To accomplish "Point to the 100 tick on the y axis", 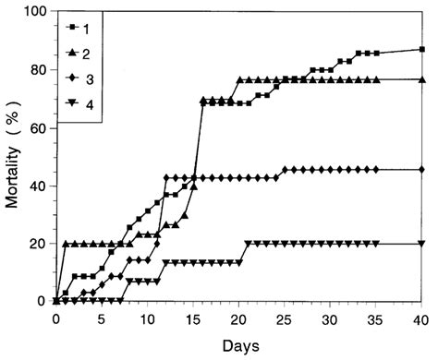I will coord(34,12).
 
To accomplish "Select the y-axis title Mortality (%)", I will coord(13,155).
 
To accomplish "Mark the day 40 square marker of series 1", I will coord(421,50).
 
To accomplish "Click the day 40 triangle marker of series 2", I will coord(421,79).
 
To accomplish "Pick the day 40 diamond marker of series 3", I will coord(421,169).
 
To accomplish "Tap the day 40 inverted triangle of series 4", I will coord(421,244).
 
